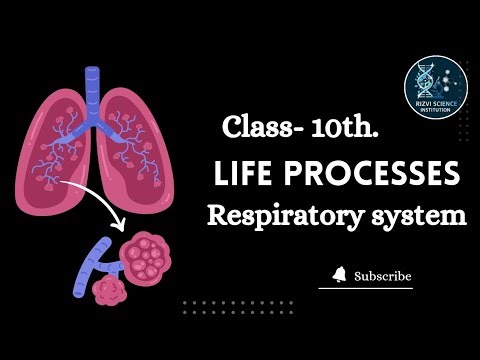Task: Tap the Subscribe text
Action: pos(383,276)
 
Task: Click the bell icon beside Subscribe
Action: pos(340,275)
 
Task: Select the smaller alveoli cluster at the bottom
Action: pos(108,290)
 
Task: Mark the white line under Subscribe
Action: pos(365,288)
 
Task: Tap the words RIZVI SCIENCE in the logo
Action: pos(436,103)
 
